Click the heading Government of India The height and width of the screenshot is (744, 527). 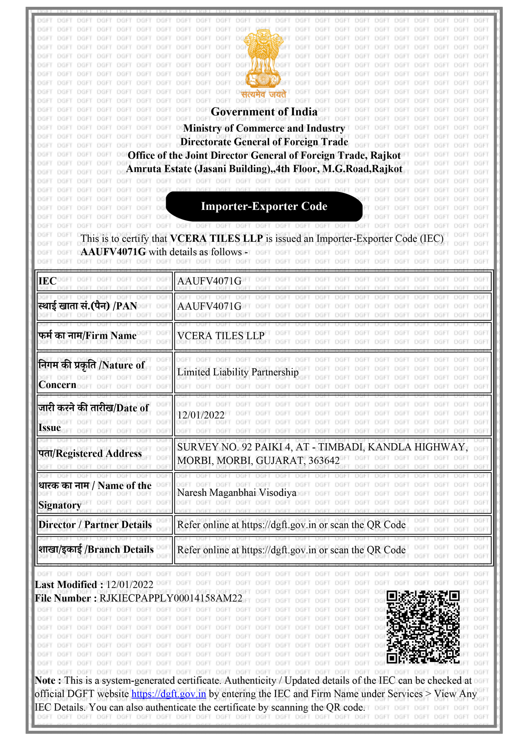[264, 112]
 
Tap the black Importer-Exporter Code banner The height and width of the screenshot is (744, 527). [264, 207]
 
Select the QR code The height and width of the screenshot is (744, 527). [423, 627]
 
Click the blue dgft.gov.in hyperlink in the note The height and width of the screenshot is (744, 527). [169, 694]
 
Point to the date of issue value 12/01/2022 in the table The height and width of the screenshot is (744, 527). [201, 415]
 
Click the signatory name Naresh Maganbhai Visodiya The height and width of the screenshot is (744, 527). [237, 493]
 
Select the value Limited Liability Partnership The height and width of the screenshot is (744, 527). [238, 372]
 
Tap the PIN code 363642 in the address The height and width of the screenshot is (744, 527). [323, 461]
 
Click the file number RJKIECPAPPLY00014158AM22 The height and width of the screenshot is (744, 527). [171, 598]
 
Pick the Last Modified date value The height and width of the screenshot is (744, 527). [130, 585]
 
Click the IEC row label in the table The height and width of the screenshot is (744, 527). [48, 281]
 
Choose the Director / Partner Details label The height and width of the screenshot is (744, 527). [95, 525]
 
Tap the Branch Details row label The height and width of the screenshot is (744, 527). [96, 550]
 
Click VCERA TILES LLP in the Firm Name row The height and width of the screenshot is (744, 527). [221, 336]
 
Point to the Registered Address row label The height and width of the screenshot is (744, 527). [90, 454]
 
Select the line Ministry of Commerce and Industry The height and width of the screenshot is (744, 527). [264, 128]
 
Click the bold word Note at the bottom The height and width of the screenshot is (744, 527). [45, 681]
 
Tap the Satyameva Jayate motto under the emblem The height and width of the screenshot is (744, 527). [263, 95]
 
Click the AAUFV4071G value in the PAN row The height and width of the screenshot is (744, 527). [209, 306]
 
